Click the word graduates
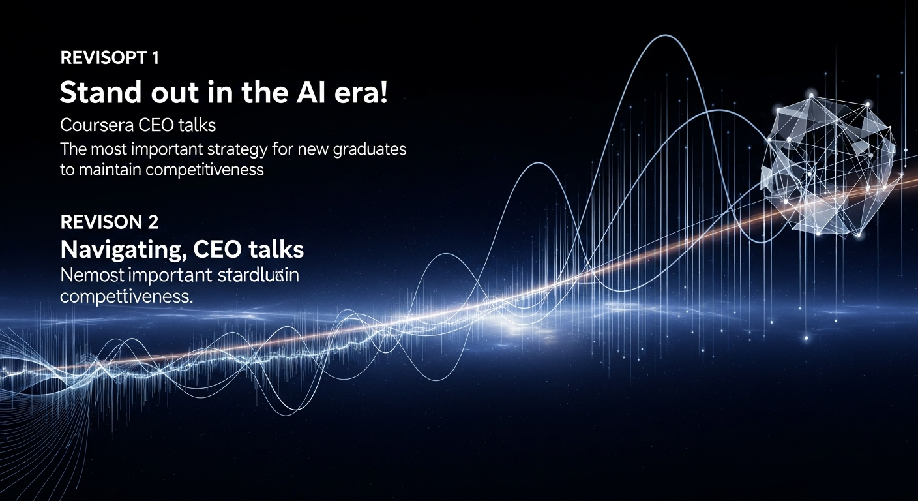coord(369,149)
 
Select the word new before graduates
coord(313,149)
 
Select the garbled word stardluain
coord(258,275)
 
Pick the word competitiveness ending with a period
coord(126,296)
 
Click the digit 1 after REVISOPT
coord(155,57)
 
